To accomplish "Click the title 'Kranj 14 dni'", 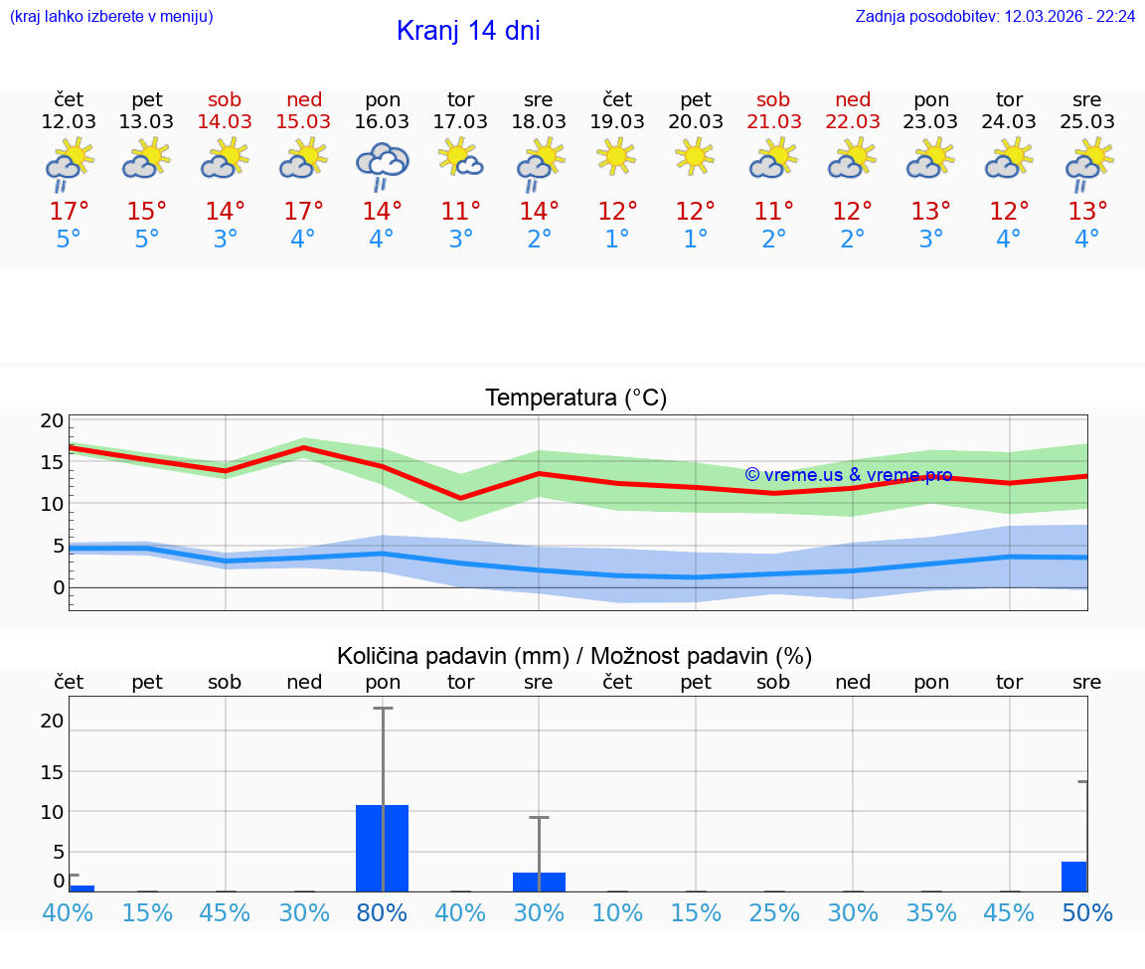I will pyautogui.click(x=468, y=31).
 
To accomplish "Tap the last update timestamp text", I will pyautogui.click(x=995, y=17).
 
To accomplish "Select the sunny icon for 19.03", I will pyautogui.click(x=617, y=156).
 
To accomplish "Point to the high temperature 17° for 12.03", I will pyautogui.click(x=69, y=212).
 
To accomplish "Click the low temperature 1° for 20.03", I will pyautogui.click(x=695, y=240).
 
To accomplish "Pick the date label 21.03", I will pyautogui.click(x=773, y=121).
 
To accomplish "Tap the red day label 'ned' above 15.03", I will pyautogui.click(x=304, y=99).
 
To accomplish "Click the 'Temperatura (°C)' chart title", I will pyautogui.click(x=575, y=399).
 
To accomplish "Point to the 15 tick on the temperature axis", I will pyautogui.click(x=52, y=462).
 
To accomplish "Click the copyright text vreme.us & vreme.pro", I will pyautogui.click(x=848, y=475).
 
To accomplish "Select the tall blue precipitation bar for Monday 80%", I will pyautogui.click(x=383, y=848).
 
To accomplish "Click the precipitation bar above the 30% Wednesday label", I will pyautogui.click(x=539, y=882).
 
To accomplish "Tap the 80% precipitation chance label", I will pyautogui.click(x=383, y=913).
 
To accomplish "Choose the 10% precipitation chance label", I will pyautogui.click(x=617, y=913).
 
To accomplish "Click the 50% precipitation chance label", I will pyautogui.click(x=1086, y=913).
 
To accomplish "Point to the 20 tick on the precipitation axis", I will pyautogui.click(x=52, y=721).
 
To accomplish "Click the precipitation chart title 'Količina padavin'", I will pyautogui.click(x=574, y=656).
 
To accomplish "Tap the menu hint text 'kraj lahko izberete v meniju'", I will pyautogui.click(x=111, y=17).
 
